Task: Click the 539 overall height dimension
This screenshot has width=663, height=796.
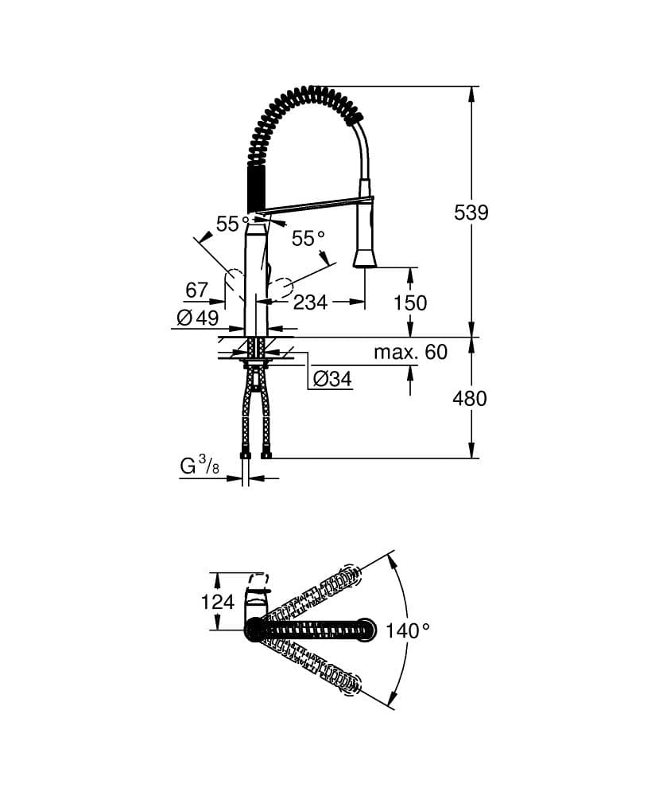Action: click(x=471, y=213)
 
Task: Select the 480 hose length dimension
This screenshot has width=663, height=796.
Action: click(x=469, y=397)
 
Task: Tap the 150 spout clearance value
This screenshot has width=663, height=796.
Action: click(x=410, y=302)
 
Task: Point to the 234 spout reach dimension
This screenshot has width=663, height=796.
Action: click(x=311, y=302)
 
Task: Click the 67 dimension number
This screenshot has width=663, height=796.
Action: click(x=196, y=291)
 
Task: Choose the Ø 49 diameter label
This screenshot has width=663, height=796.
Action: click(x=197, y=318)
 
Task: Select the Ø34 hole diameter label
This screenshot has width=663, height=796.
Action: click(x=331, y=380)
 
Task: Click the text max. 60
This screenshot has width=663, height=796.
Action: click(x=410, y=352)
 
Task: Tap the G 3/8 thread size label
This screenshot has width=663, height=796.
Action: click(x=200, y=466)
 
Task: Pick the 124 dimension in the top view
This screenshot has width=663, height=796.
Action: click(x=217, y=601)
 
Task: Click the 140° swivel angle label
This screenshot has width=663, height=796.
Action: click(x=407, y=630)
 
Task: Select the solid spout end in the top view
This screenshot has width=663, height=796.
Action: click(x=366, y=630)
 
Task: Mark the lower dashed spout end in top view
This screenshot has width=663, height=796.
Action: click(x=350, y=683)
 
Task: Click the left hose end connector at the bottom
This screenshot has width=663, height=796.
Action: click(x=246, y=455)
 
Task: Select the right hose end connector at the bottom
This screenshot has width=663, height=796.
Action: click(x=266, y=455)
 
